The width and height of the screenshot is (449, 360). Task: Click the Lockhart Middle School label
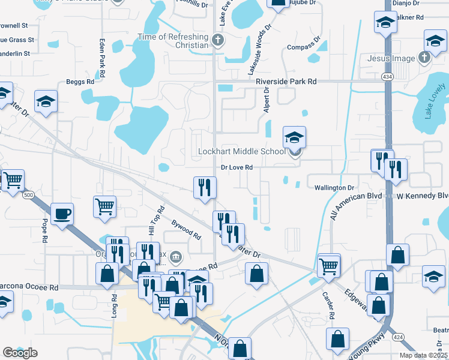241,152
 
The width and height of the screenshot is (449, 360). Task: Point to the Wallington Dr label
335,188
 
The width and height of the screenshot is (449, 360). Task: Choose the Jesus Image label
393,58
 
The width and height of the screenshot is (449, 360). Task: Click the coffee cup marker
62,214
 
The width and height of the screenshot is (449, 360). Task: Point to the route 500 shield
28,195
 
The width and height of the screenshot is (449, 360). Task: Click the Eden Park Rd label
102,58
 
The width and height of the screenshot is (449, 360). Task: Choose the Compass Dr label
305,47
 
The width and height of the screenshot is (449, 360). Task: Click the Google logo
20,352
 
